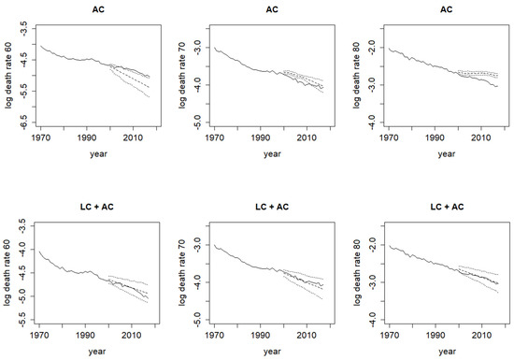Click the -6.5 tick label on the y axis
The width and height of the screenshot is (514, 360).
[x=25, y=122]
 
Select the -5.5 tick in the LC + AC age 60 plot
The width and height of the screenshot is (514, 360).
[x=23, y=320]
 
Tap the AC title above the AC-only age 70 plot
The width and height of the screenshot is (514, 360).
[x=272, y=9]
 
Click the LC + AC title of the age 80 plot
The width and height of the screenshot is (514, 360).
[x=447, y=207]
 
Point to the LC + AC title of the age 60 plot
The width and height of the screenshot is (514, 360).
[x=96, y=207]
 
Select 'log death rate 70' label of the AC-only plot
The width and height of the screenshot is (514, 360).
[x=182, y=76]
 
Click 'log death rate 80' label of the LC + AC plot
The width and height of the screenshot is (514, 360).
[x=357, y=273]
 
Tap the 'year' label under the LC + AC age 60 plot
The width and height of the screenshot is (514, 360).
[x=97, y=352]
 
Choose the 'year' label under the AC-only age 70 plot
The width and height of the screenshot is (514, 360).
[x=272, y=153]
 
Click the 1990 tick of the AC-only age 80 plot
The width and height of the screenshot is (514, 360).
[x=435, y=137]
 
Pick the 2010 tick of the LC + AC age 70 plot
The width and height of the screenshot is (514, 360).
[x=307, y=335]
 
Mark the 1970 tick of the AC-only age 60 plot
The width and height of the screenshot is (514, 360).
[x=40, y=137]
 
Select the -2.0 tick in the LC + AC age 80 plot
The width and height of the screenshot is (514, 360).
[x=374, y=245]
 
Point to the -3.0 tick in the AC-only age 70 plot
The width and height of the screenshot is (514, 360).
[x=199, y=48]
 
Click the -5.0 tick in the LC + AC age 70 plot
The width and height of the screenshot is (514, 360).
[x=199, y=320]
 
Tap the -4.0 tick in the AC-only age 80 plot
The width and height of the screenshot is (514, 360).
[x=374, y=122]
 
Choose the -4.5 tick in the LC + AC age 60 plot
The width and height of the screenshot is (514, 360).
[x=23, y=273]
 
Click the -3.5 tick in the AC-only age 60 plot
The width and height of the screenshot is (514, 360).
[x=25, y=29]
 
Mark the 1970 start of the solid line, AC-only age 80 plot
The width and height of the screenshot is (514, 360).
[x=389, y=49]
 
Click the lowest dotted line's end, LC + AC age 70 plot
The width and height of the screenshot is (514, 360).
[x=322, y=299]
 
